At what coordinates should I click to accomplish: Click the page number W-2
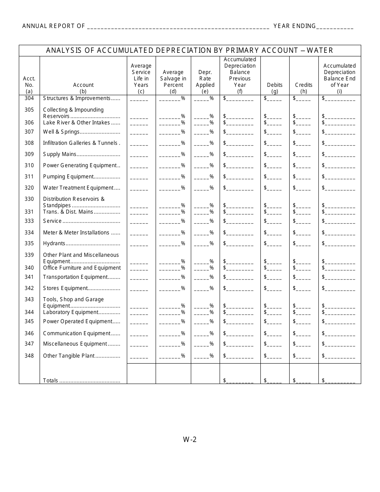[x=190, y=440]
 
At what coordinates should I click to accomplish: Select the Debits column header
[x=274, y=85]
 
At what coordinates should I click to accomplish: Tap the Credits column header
[x=304, y=85]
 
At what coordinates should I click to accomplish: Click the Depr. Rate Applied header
[x=205, y=79]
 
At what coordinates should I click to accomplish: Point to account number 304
[x=29, y=98]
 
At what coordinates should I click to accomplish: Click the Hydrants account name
[x=54, y=243]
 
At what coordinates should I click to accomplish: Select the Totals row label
[x=51, y=380]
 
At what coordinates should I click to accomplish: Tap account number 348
[x=29, y=356]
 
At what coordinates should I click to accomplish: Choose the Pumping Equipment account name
[x=68, y=176]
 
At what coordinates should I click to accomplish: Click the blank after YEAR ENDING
[x=335, y=26]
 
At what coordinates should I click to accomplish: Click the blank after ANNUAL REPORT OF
[x=178, y=26]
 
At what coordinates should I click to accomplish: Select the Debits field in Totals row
[x=274, y=381]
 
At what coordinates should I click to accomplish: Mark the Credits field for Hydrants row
[x=303, y=244]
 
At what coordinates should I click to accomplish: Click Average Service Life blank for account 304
[x=139, y=99]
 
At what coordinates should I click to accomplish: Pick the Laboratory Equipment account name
[x=70, y=312]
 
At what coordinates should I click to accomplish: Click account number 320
[x=29, y=188]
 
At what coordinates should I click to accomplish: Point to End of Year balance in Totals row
[x=340, y=381]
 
